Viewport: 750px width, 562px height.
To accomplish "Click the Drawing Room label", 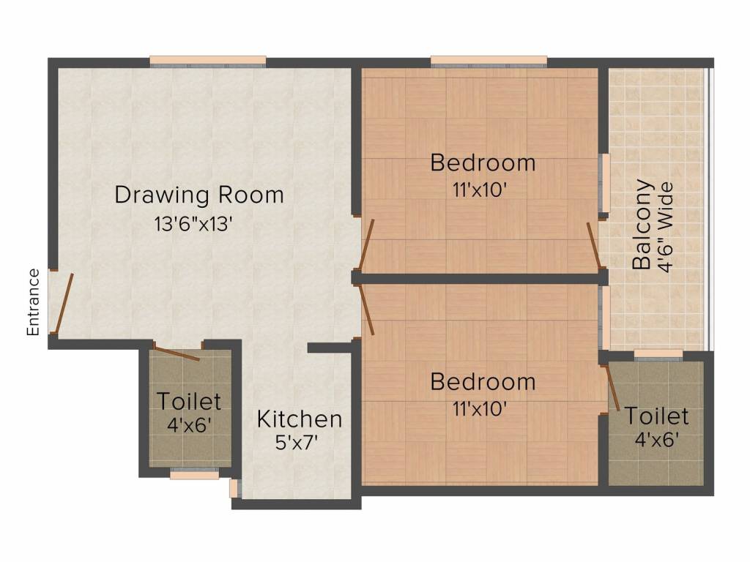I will [x=199, y=195].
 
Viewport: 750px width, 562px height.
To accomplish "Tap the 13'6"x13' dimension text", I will [x=193, y=224].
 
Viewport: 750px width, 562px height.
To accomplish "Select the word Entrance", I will [x=33, y=301].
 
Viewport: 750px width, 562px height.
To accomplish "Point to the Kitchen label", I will [x=300, y=419].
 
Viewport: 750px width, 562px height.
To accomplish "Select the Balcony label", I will [x=642, y=225].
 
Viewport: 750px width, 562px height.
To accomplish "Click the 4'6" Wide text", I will [x=666, y=228].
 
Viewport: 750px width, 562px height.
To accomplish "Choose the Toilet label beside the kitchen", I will [x=188, y=401].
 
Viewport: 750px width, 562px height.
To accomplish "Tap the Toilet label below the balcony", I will [x=656, y=416].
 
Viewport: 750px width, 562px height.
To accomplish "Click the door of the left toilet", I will [x=177, y=353].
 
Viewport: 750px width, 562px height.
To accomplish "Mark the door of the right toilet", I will [x=612, y=389].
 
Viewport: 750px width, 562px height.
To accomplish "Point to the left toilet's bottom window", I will [x=194, y=475].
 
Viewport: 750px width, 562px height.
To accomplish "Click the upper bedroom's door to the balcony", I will [x=594, y=246].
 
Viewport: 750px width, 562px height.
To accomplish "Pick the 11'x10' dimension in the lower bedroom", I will [x=480, y=409].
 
